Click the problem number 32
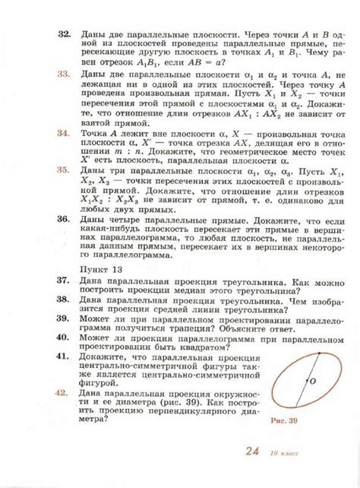tap(65, 36)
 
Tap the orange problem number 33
tap(65, 76)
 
